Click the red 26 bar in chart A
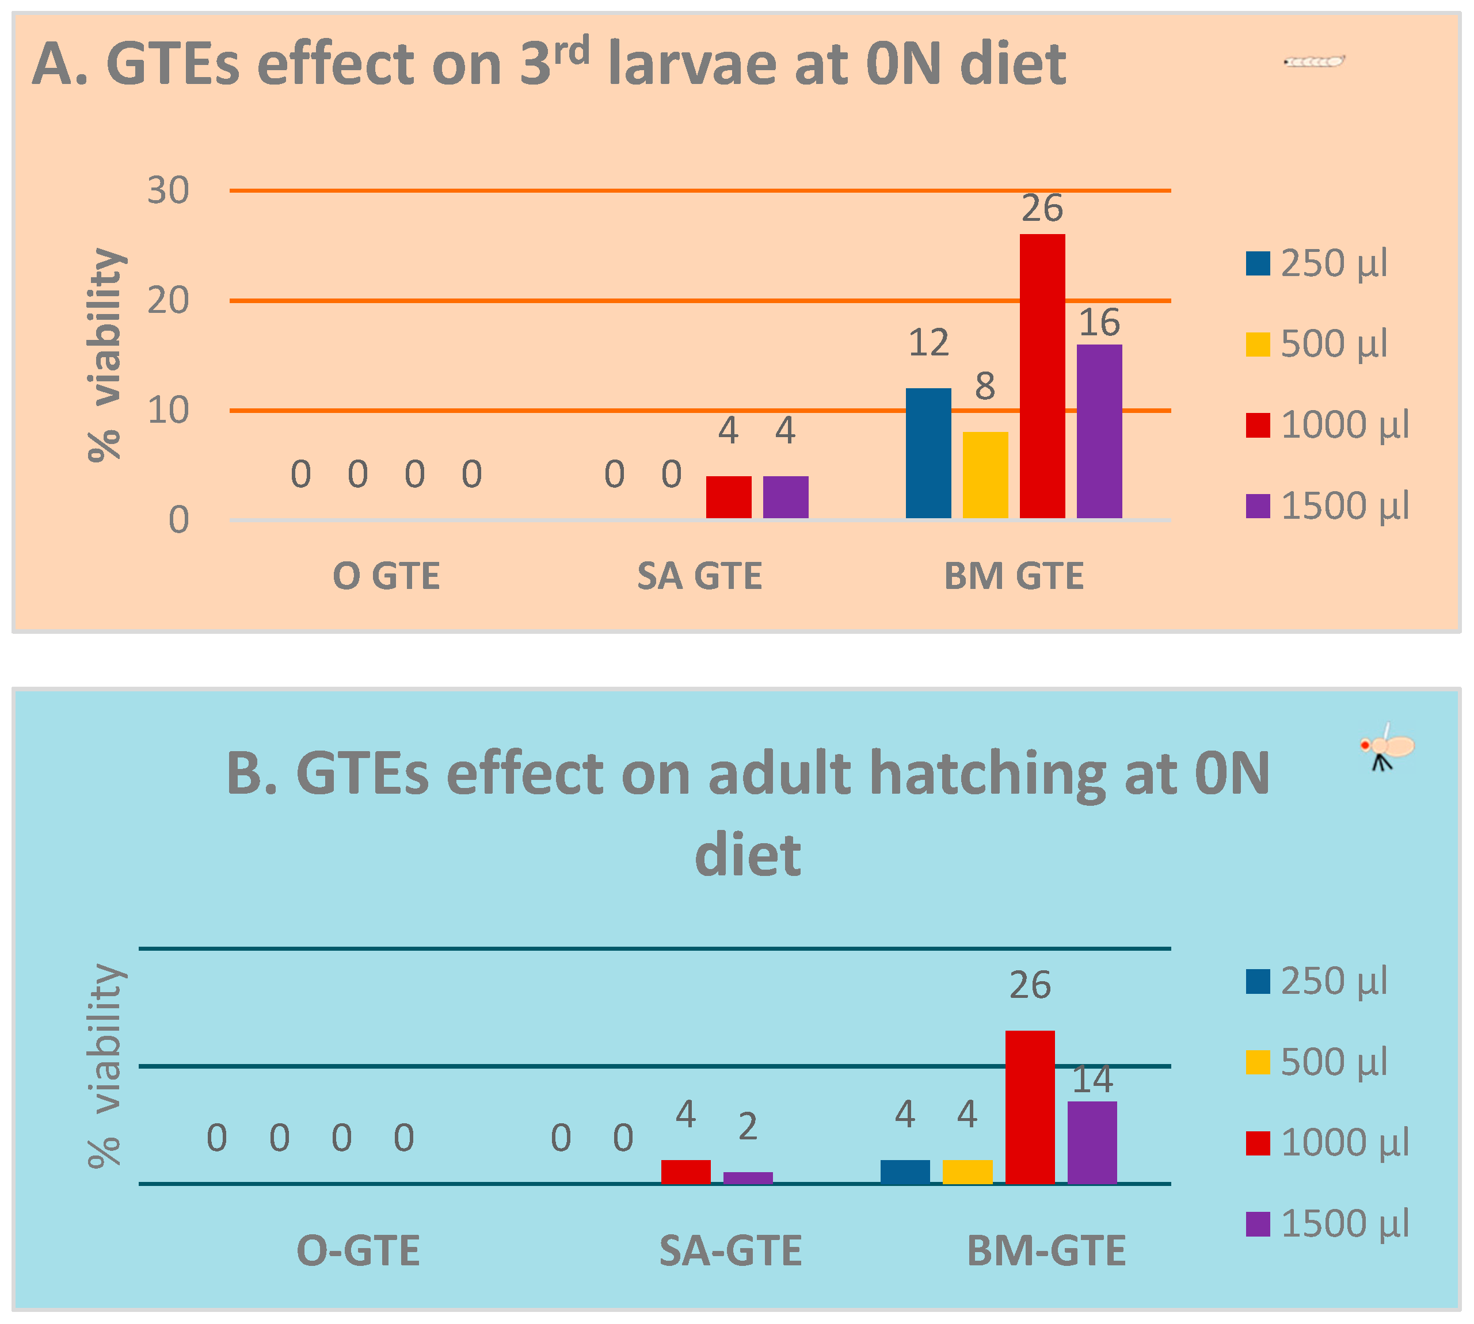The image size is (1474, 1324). point(1042,376)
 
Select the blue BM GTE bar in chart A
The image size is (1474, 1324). point(928,453)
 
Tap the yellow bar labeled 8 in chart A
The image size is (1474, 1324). point(985,475)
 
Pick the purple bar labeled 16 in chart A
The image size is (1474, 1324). point(1099,431)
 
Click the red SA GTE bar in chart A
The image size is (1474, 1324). point(729,497)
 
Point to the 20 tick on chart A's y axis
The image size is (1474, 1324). point(168,300)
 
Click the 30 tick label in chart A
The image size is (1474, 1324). point(168,190)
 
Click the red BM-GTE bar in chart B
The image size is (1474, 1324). point(1029,1107)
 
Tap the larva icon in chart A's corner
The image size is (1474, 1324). point(1314,61)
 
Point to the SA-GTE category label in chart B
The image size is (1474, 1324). point(730,1252)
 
